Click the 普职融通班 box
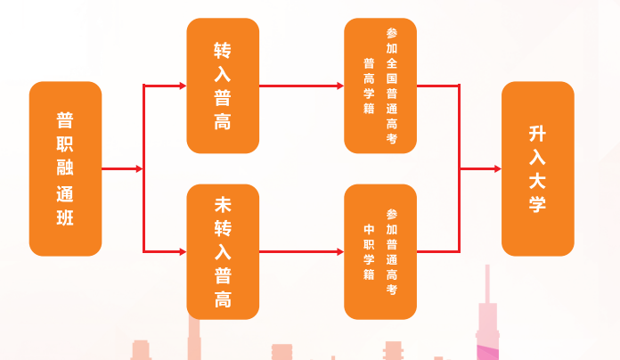[x=65, y=168]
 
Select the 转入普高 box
[x=223, y=86]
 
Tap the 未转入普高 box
[x=223, y=252]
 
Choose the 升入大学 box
[x=538, y=168]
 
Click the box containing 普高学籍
[x=380, y=86]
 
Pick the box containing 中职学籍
[x=380, y=252]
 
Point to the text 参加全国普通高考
[x=392, y=86]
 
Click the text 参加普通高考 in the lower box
[x=392, y=252]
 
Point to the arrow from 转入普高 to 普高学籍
[x=301, y=86]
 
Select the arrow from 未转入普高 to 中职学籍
[x=301, y=252]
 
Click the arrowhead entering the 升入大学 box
[x=497, y=168]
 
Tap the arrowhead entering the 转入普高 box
[x=183, y=86]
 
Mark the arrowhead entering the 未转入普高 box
[x=183, y=252]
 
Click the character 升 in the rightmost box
[x=538, y=135]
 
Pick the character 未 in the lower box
[x=223, y=204]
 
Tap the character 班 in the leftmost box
[x=65, y=218]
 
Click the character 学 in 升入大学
[x=538, y=204]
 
